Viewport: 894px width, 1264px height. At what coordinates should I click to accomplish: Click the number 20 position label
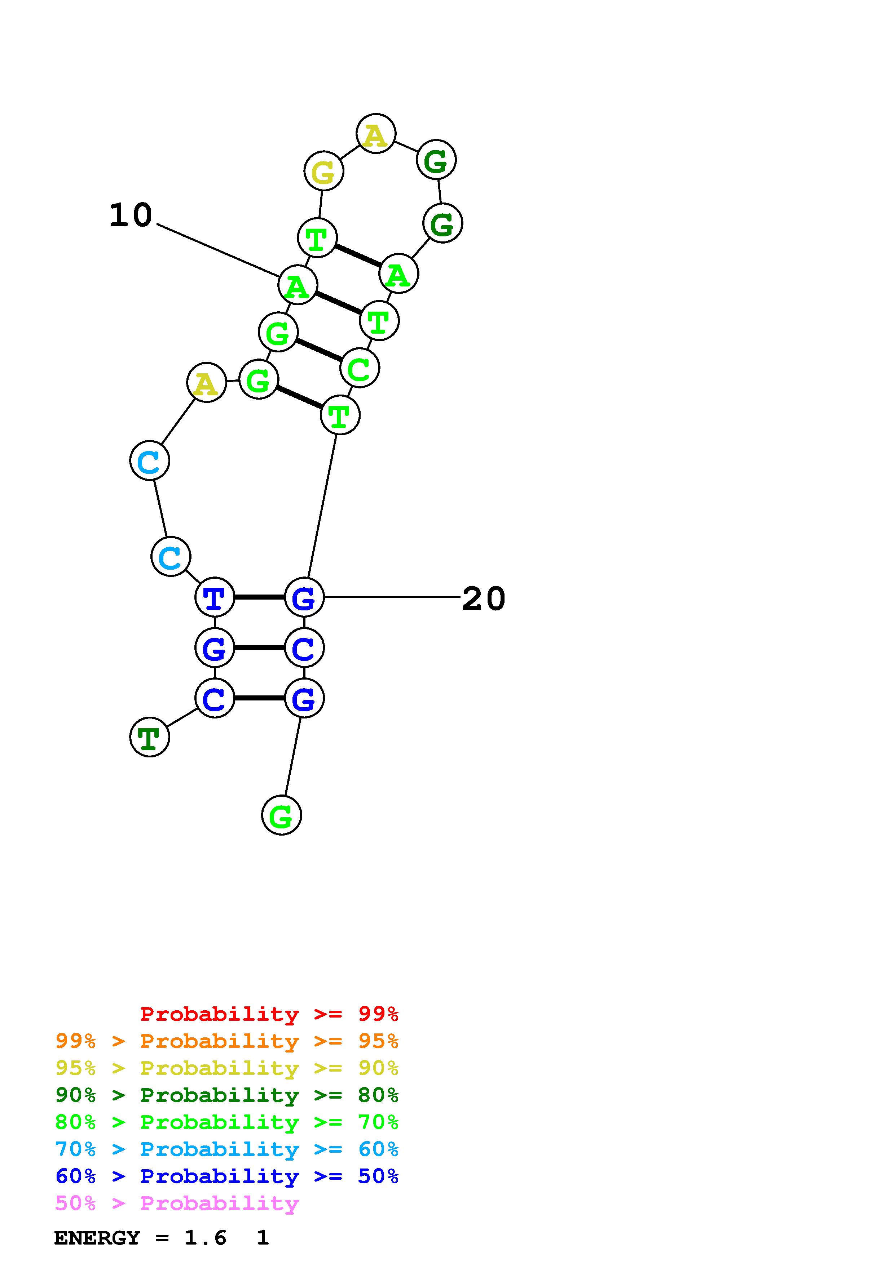(x=483, y=598)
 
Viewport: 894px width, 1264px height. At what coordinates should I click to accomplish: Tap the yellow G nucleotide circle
(x=323, y=171)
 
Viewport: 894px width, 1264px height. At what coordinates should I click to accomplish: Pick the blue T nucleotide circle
(x=215, y=597)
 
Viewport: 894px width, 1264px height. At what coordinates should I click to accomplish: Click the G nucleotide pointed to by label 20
(x=304, y=597)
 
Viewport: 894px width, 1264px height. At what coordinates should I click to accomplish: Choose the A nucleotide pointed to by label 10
(x=298, y=285)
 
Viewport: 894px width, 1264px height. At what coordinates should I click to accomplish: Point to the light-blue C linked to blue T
(x=171, y=557)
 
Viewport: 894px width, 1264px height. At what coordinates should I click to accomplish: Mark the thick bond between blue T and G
(x=259, y=597)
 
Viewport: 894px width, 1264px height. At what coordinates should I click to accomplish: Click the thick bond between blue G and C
(x=259, y=647)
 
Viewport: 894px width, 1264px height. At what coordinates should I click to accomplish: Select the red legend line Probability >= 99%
(x=269, y=1014)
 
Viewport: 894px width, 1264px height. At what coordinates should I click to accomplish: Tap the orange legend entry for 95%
(x=226, y=1041)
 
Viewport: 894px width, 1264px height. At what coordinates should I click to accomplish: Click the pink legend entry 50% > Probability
(x=177, y=1203)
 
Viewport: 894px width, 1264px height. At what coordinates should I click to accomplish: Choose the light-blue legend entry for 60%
(x=226, y=1149)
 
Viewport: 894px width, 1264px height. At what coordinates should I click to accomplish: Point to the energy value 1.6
(x=205, y=1238)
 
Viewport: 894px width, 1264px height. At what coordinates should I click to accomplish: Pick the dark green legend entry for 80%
(x=226, y=1095)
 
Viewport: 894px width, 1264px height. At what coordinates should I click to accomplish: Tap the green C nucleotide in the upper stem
(x=360, y=368)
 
